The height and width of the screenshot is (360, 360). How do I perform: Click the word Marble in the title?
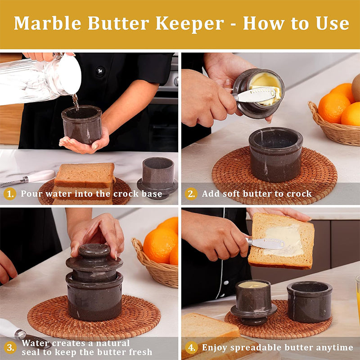(x=48, y=23)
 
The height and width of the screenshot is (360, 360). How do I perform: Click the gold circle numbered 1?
(x=9, y=194)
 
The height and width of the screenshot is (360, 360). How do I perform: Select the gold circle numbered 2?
(x=191, y=194)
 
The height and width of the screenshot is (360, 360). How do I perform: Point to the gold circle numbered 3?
(x=10, y=347)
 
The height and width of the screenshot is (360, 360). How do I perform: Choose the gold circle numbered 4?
(x=191, y=347)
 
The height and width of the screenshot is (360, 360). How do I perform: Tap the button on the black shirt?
(x=100, y=71)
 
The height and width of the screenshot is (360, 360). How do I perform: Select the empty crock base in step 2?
(x=275, y=154)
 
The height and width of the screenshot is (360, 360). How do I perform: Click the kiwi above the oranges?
(x=356, y=87)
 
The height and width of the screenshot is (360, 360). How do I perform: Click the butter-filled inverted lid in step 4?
(x=253, y=302)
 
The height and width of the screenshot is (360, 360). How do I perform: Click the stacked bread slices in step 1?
(x=84, y=183)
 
